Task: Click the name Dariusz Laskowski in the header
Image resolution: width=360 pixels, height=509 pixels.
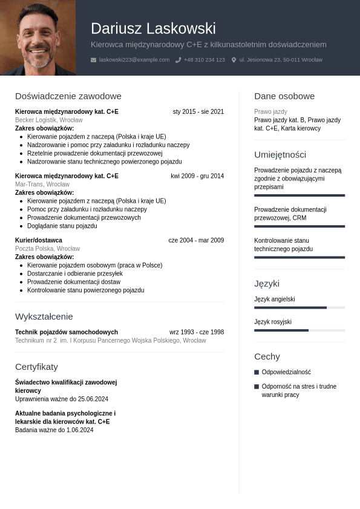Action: pyautogui.click(x=153, y=28)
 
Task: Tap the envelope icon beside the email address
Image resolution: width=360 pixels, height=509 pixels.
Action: pyautogui.click(x=93, y=60)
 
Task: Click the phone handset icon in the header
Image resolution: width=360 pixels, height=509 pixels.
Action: pyautogui.click(x=178, y=60)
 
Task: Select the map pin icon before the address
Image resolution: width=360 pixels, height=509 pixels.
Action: pyautogui.click(x=234, y=60)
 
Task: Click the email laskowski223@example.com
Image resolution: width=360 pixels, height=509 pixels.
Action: pyautogui.click(x=134, y=60)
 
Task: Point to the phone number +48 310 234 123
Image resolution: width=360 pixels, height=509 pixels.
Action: pyautogui.click(x=205, y=60)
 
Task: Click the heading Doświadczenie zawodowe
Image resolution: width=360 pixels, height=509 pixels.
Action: pyautogui.click(x=68, y=96)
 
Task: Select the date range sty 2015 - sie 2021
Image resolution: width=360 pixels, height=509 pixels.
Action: pyautogui.click(x=198, y=112)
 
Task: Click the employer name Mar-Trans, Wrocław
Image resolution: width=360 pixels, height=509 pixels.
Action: pyautogui.click(x=42, y=185)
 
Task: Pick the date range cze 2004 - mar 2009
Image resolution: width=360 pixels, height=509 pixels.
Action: pyautogui.click(x=196, y=240)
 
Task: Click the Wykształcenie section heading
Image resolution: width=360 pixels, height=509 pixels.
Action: pyautogui.click(x=44, y=317)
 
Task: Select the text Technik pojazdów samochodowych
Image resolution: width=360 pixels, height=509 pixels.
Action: pyautogui.click(x=67, y=332)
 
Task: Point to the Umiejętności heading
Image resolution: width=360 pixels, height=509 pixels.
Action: pyautogui.click(x=280, y=155)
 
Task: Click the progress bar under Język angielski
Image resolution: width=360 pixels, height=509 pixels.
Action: pyautogui.click(x=299, y=307)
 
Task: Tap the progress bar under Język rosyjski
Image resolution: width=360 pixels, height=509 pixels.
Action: pyautogui.click(x=299, y=330)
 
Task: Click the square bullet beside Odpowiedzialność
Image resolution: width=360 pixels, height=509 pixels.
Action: pyautogui.click(x=257, y=372)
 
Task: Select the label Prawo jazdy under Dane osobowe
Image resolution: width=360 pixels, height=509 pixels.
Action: pyautogui.click(x=270, y=112)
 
